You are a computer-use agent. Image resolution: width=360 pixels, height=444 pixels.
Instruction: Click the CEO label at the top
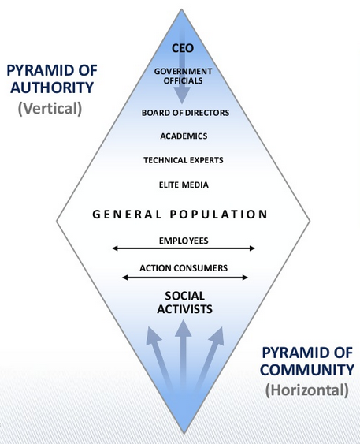coord(183,48)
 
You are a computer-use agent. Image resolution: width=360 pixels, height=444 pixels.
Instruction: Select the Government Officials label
coord(183,76)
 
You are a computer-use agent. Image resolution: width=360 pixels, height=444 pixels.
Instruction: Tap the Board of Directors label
coord(186,113)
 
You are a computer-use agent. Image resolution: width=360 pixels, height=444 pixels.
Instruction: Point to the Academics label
coord(184,136)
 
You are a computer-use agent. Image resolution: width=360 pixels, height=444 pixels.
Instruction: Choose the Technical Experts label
coord(184,160)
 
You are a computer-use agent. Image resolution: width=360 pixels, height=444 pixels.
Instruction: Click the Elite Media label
coord(184,185)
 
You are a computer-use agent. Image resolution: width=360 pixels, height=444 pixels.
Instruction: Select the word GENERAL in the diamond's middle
coord(127,215)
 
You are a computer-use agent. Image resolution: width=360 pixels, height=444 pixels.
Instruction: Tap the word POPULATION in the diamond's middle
coord(219,215)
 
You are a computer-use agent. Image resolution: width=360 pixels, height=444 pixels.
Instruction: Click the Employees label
coord(184,241)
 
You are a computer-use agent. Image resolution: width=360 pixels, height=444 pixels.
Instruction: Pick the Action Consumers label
coord(184,268)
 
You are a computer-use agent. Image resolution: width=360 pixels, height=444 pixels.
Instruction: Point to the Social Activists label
coord(184,302)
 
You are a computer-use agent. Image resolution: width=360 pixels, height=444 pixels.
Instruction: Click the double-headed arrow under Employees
coord(184,248)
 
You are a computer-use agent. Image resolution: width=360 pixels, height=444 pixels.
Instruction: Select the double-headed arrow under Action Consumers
coord(185,278)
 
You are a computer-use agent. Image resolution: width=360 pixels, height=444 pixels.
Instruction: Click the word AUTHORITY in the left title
coord(52,88)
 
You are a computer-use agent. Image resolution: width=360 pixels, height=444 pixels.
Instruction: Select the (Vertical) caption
coord(50,109)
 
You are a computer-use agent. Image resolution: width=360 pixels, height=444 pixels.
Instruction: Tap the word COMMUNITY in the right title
coord(307,370)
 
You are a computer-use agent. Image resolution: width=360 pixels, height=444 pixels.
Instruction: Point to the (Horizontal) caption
coord(307,390)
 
